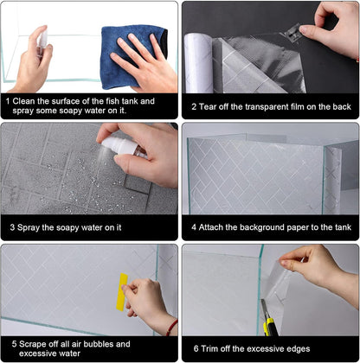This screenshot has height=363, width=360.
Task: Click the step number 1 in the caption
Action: click(8, 100)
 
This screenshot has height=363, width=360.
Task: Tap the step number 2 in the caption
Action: click(194, 109)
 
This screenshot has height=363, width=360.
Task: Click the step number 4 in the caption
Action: click(194, 228)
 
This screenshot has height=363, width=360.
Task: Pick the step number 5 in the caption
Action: click(8, 343)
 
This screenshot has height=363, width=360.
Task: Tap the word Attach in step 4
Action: click(216, 228)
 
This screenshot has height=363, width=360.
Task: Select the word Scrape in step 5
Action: click(31, 343)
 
